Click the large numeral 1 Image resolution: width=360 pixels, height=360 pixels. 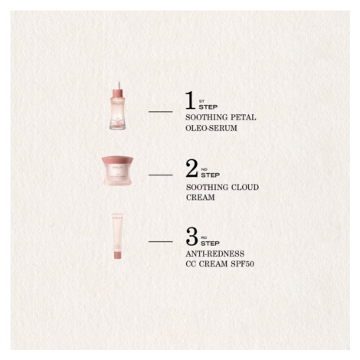190,100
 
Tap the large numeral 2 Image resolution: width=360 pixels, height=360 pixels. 191,169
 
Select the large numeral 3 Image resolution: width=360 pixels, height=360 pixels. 192,237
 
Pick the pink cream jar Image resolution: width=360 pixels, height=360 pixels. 117,171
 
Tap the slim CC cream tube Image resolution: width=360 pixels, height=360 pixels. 118,237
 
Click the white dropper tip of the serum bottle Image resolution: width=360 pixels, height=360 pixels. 118,85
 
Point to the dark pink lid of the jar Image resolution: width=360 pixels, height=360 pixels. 117,161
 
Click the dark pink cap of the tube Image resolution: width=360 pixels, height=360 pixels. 118,254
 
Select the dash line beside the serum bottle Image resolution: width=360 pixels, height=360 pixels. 161,112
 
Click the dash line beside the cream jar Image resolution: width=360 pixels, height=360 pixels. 161,175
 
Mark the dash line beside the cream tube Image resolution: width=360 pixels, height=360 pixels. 161,241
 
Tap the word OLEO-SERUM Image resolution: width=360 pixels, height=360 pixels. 211,128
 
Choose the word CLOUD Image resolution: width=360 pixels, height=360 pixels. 245,187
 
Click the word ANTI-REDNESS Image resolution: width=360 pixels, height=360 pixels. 215,254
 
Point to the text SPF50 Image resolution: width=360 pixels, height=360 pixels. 242,263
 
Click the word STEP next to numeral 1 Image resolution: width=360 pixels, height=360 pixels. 208,107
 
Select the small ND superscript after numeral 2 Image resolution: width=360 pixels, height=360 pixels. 204,169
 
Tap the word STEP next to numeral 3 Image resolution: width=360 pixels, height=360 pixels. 210,244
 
